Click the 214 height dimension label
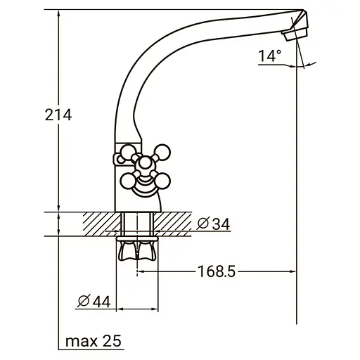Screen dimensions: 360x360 (58, 115)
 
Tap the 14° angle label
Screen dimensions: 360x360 (269, 56)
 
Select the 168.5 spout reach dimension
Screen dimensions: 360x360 (217, 271)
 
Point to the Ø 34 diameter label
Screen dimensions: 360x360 (213, 224)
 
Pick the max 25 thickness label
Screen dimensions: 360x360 (94, 341)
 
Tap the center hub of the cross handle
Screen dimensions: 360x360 (146, 163)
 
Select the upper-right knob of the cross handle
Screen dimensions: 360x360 (162, 151)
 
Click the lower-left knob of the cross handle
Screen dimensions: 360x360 (128, 181)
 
